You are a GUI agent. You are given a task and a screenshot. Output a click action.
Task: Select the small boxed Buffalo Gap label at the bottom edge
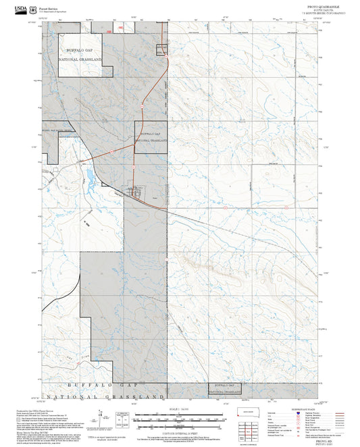pyautogui.click(x=225, y=388)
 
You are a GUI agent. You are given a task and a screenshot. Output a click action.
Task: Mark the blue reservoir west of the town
pyautogui.click(x=89, y=178)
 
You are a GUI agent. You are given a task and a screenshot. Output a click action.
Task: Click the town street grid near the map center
pyautogui.click(x=137, y=192)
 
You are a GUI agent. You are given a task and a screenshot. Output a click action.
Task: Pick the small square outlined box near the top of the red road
pyautogui.click(x=162, y=49)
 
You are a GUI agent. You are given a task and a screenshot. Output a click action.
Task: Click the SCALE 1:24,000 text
pyautogui.click(x=179, y=409)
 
